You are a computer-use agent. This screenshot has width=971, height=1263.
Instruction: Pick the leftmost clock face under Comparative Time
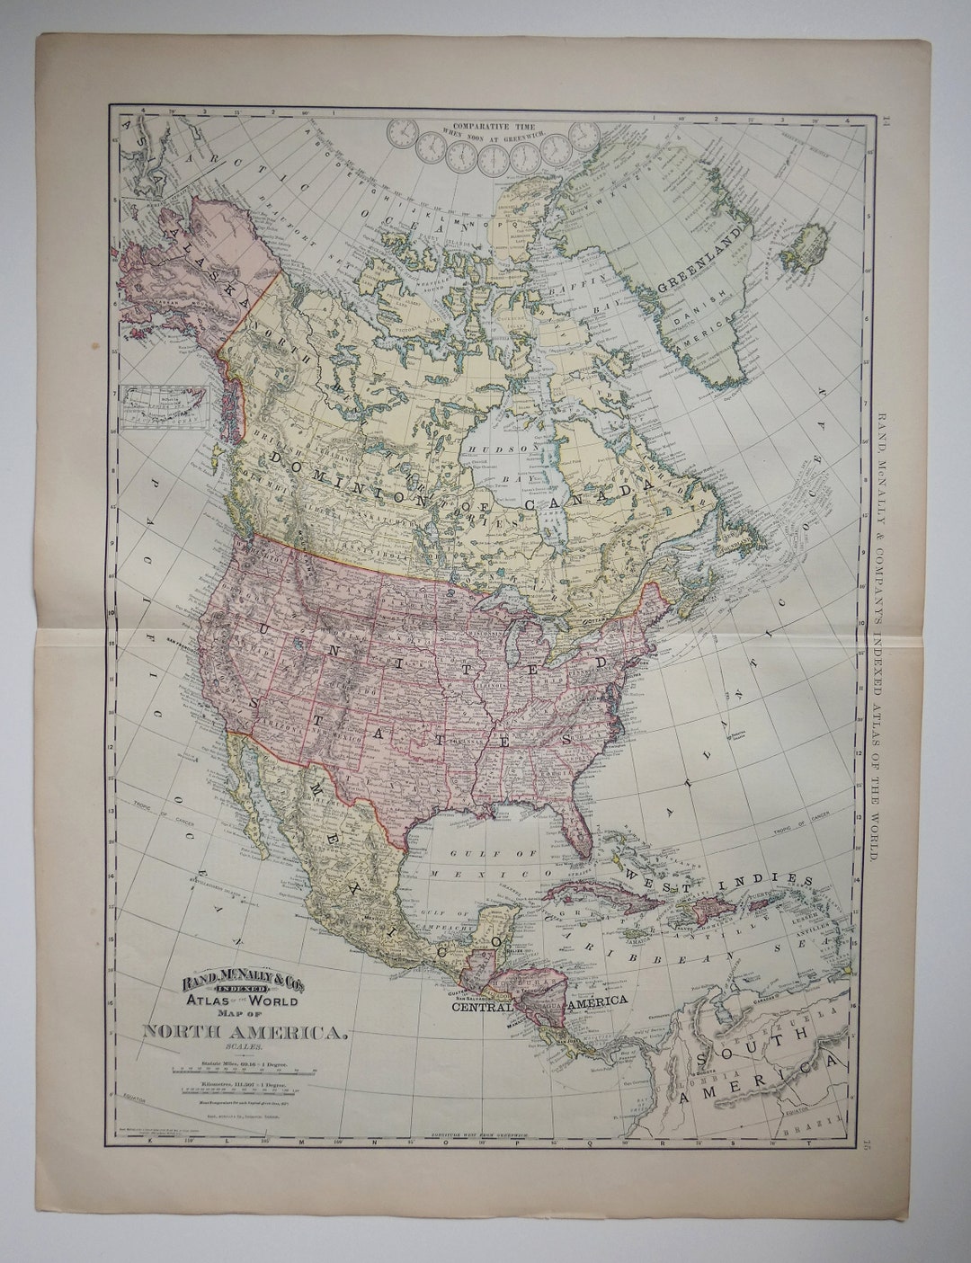pyautogui.click(x=402, y=136)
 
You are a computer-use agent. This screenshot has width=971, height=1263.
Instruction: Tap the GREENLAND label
pyautogui.click(x=706, y=261)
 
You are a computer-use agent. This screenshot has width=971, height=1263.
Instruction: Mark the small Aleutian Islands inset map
pyautogui.click(x=165, y=405)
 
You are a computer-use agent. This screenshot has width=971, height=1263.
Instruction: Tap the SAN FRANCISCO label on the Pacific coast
pyautogui.click(x=185, y=639)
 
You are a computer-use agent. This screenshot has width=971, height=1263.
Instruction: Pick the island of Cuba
pyautogui.click(x=593, y=895)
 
